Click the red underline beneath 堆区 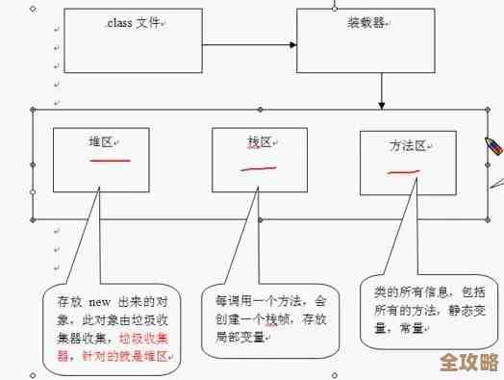click(109, 160)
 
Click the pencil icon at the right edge click(492, 146)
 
